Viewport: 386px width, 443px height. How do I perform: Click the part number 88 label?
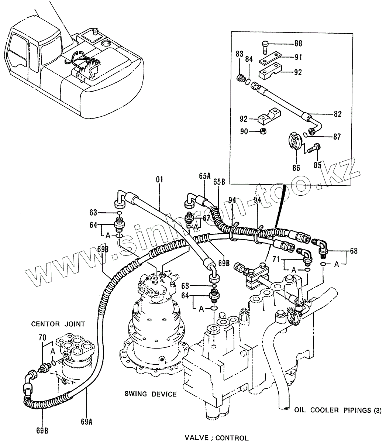pos(298,44)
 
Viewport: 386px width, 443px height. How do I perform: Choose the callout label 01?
pos(159,180)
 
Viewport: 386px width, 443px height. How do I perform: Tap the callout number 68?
pos(353,251)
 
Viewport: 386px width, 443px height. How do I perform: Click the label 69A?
pos(86,420)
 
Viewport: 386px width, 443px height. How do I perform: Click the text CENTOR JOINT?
pos(58,324)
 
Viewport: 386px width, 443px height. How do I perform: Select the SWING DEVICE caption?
pos(150,394)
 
